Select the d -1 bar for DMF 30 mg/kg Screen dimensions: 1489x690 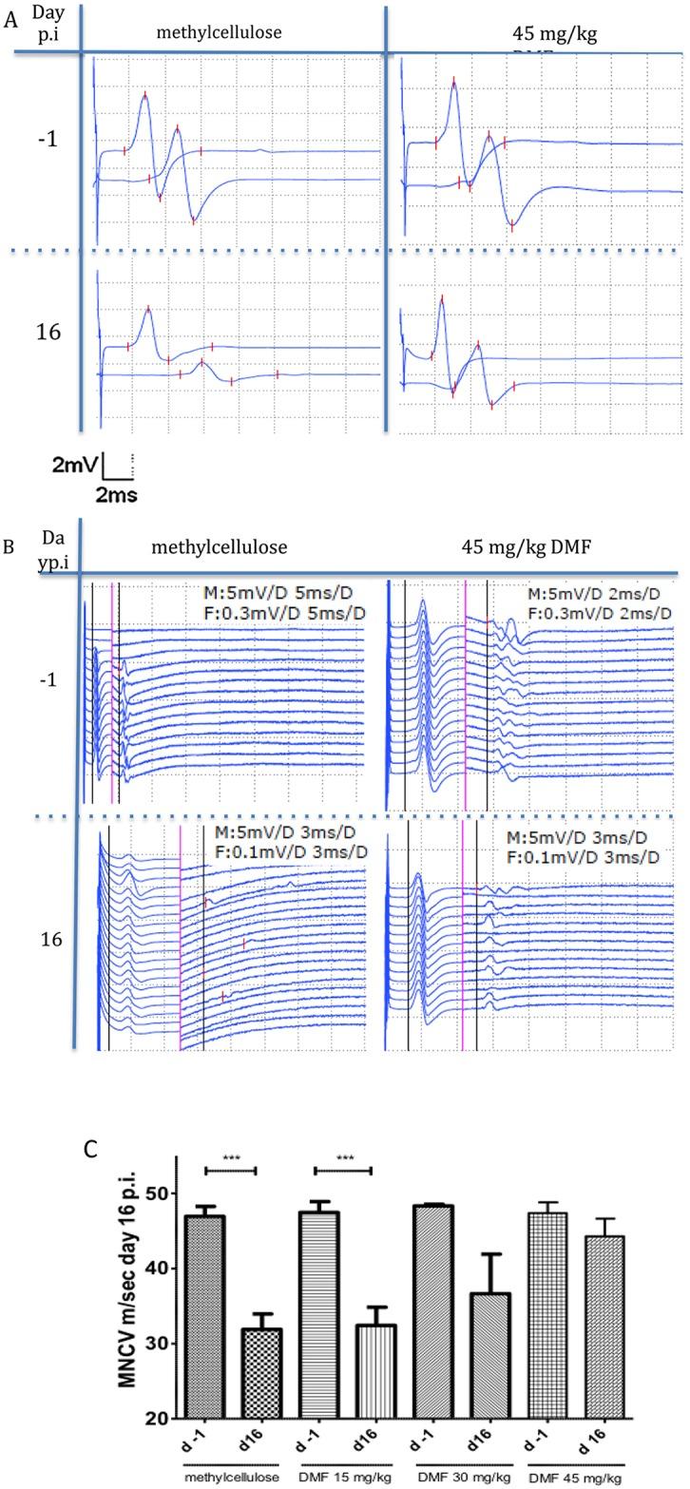[435, 1311]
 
